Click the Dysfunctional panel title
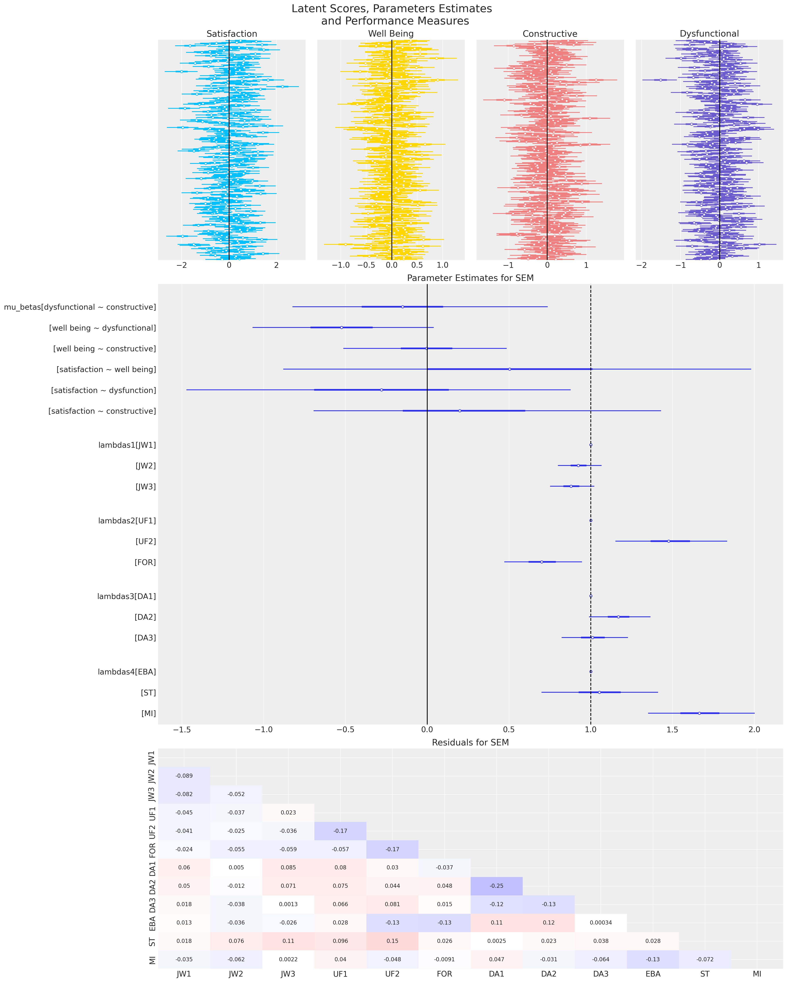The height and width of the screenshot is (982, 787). coord(709,34)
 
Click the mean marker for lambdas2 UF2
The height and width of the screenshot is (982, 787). coord(668,541)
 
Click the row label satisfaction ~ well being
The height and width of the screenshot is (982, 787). coord(106,369)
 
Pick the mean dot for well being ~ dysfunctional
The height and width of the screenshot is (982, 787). coord(341,327)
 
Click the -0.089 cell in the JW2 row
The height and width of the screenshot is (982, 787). coord(184,776)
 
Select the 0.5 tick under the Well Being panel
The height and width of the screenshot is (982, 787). coord(417,265)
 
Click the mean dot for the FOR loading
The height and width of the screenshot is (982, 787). coord(541,562)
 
